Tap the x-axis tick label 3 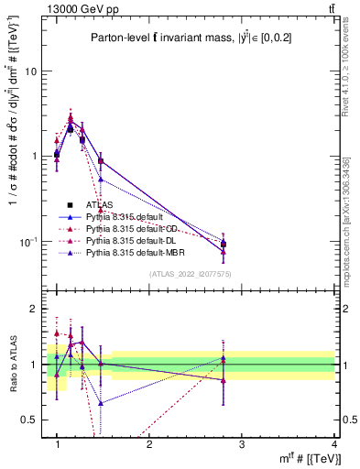pos(241,445)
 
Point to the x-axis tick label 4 pos(333,445)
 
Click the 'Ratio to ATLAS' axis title pos(12,365)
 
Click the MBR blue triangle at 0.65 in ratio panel pos(101,403)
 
